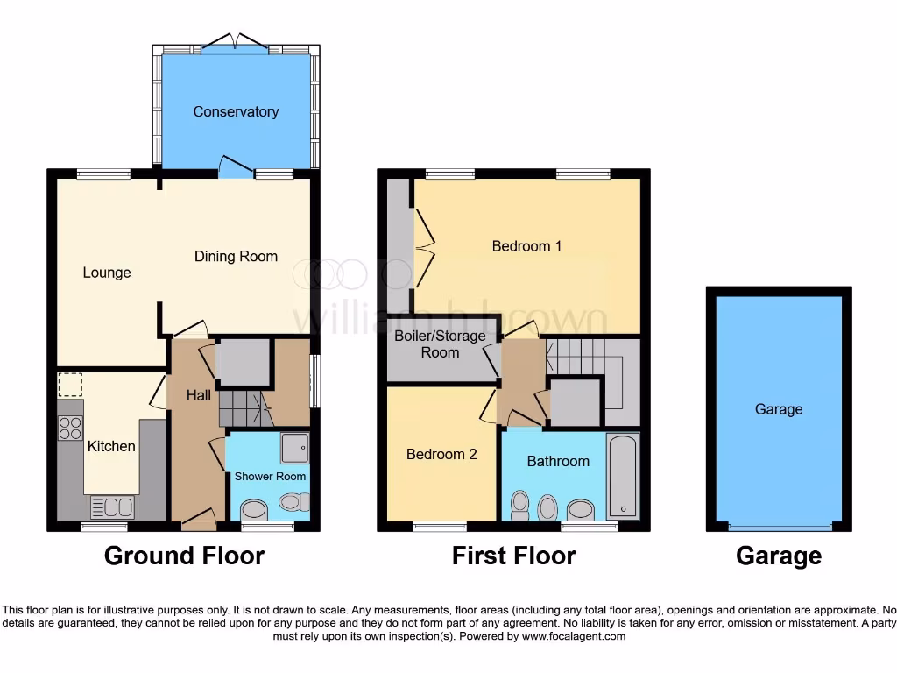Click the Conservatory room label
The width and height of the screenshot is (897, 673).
click(236, 111)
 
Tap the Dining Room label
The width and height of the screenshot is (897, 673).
click(236, 257)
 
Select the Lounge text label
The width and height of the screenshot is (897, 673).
click(107, 273)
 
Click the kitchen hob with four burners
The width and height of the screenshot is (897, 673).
click(70, 428)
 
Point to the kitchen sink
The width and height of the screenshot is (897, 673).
click(112, 507)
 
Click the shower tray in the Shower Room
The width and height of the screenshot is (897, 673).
click(294, 447)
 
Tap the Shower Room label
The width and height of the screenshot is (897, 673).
click(270, 477)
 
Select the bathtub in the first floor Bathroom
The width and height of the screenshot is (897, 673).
click(623, 476)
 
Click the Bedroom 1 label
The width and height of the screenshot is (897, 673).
click(526, 246)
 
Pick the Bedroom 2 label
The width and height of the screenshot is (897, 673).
click(441, 454)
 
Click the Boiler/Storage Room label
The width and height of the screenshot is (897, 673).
click(440, 344)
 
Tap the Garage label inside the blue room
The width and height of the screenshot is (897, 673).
click(779, 409)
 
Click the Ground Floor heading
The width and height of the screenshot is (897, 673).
click(184, 556)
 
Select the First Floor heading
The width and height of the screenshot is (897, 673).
click(513, 556)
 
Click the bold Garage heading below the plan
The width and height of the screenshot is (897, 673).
click(779, 556)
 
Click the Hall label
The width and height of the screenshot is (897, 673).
click(199, 395)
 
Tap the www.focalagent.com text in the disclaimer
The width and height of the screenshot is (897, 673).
click(573, 636)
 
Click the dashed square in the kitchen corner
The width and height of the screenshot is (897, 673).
click(70, 386)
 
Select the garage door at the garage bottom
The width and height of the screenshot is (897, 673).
click(779, 527)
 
